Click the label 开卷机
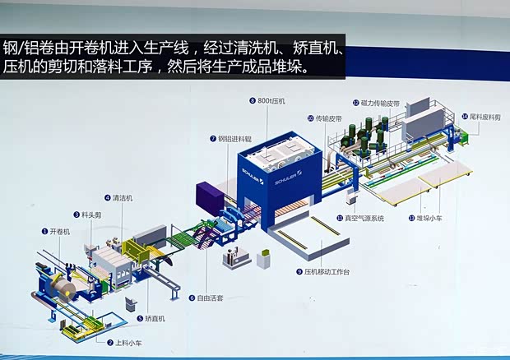tap(60, 232)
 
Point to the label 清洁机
tap(123, 197)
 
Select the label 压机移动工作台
tap(327, 270)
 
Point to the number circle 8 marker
tap(252, 100)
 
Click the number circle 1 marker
tap(44, 232)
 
